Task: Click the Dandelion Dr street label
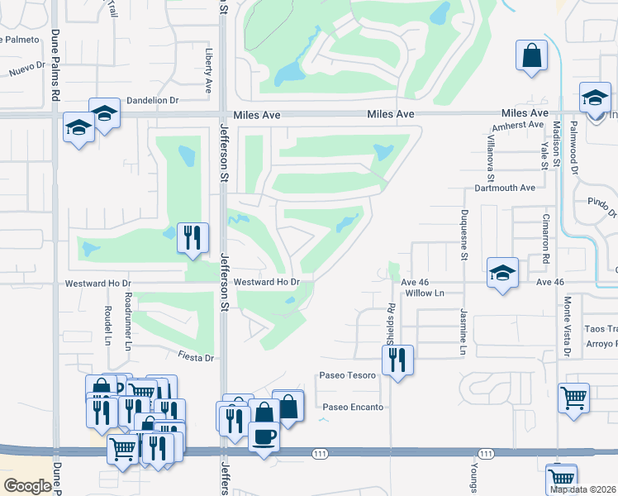[150, 100]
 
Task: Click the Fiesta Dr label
[197, 357]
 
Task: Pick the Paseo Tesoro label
[348, 375]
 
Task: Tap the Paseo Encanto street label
[353, 407]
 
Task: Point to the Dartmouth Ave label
[505, 188]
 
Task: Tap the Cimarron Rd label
[546, 239]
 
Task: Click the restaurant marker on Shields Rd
[397, 359]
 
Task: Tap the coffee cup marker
[264, 436]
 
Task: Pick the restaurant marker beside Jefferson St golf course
[193, 237]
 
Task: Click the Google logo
[27, 486]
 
